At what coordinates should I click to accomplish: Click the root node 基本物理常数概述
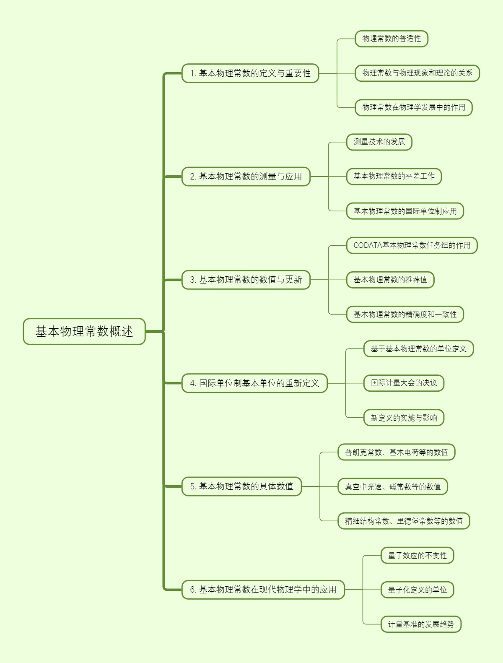(84, 332)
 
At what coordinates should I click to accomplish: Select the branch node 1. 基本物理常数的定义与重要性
(250, 73)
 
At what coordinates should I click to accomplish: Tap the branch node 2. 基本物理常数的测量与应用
(246, 177)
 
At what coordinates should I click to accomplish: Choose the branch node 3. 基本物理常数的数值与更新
(246, 280)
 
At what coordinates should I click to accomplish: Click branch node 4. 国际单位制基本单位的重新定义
(254, 383)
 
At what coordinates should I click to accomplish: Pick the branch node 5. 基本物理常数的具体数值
(241, 486)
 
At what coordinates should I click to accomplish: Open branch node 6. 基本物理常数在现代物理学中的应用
(263, 590)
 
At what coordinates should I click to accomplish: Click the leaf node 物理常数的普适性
(391, 39)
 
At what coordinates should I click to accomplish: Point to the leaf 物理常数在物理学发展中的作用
(413, 107)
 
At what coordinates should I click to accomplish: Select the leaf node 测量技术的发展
(379, 142)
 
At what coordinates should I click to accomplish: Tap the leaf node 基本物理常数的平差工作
(394, 176)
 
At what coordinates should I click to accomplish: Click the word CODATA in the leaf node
(367, 245)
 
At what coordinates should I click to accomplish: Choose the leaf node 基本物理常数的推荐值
(390, 280)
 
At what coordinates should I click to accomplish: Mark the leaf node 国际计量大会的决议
(404, 383)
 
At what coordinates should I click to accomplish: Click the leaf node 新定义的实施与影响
(404, 418)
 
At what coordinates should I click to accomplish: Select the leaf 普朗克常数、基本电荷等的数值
(396, 452)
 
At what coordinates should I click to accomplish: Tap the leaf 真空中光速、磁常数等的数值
(393, 486)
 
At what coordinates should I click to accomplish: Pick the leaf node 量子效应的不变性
(417, 555)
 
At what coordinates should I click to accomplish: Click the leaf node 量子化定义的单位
(417, 590)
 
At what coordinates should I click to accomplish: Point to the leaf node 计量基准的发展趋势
(421, 624)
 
